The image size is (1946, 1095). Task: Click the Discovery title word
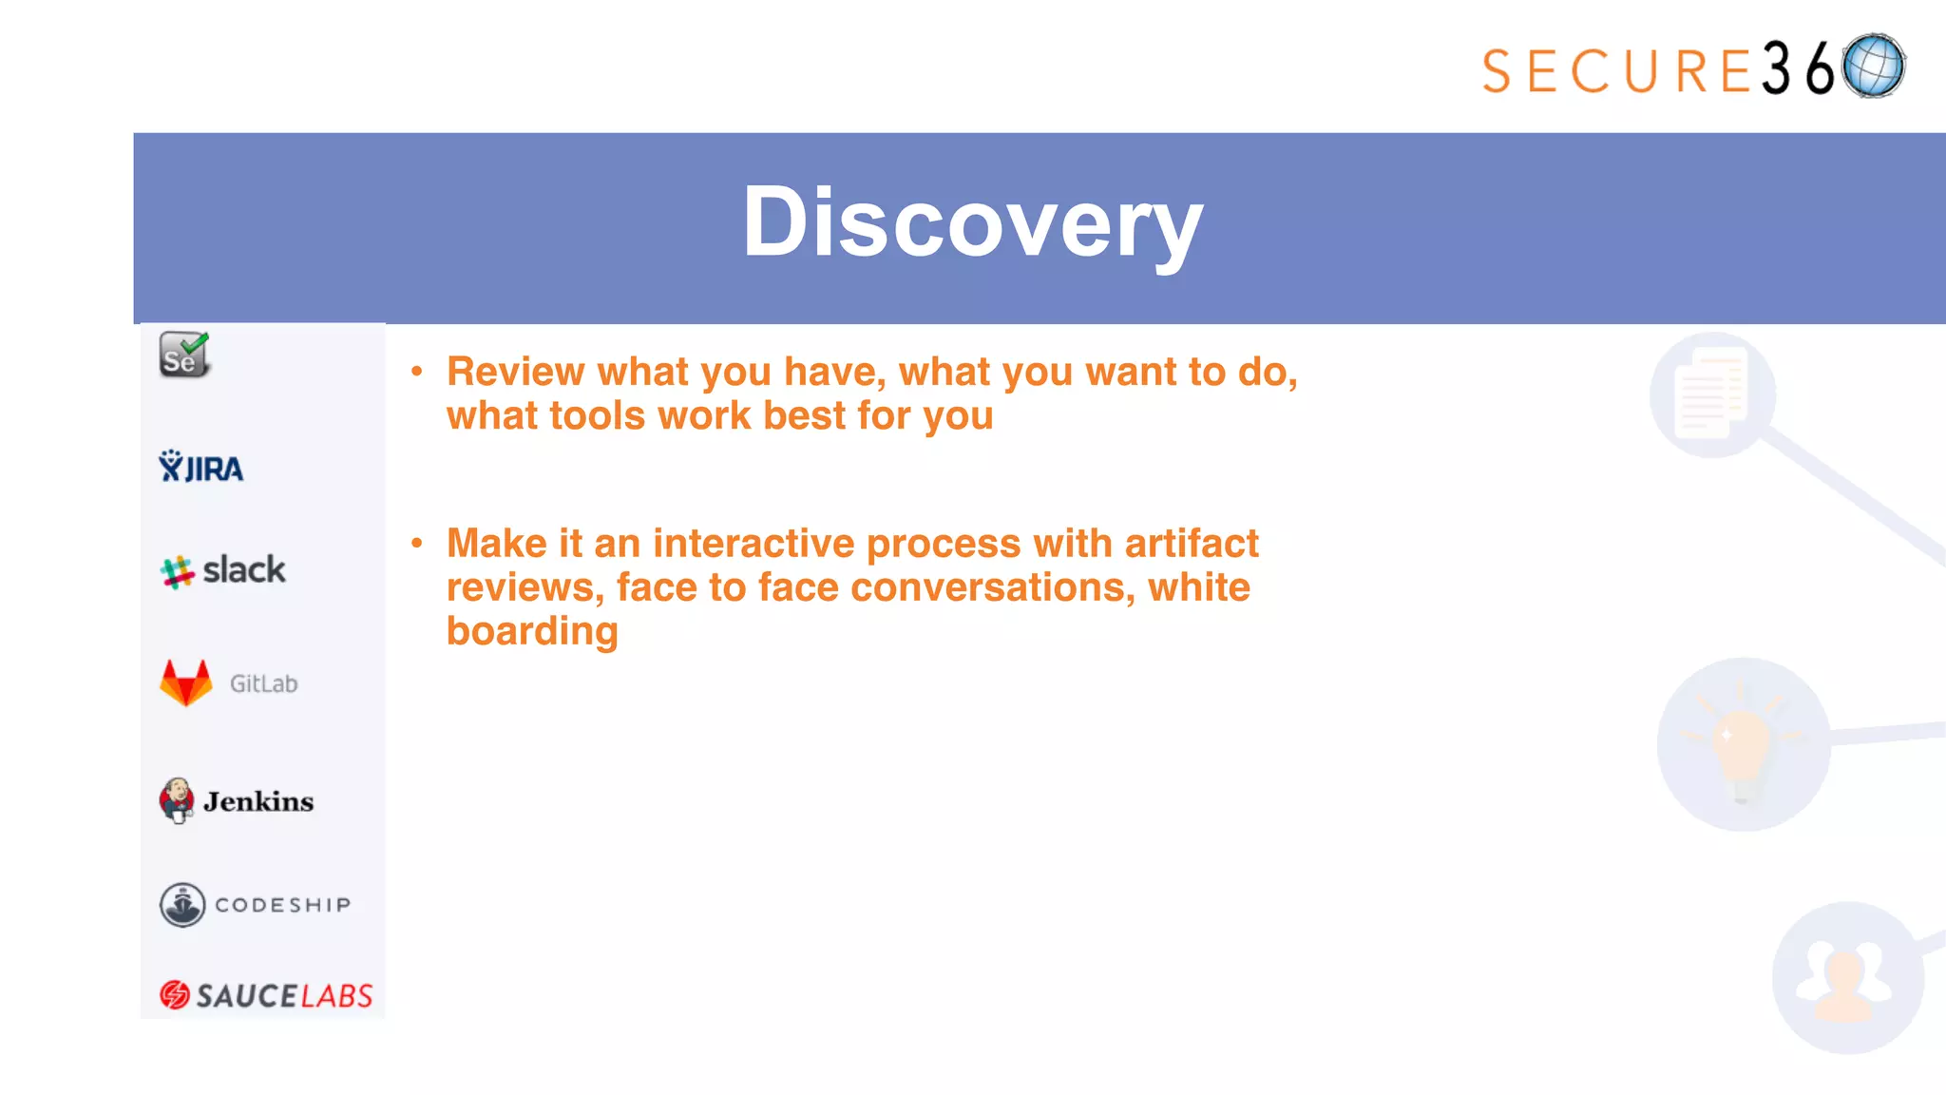[972, 222]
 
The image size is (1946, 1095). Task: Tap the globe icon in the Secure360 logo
[1873, 66]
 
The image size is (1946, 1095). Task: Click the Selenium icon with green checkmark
[184, 355]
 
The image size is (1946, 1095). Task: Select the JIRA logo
[201, 467]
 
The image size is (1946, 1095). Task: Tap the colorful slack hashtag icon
[177, 572]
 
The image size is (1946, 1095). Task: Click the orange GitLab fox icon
[186, 682]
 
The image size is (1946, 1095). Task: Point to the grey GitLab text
[263, 683]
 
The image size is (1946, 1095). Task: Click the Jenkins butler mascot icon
[177, 800]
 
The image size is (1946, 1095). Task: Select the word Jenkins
[258, 801]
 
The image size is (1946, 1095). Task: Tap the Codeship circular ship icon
[182, 904]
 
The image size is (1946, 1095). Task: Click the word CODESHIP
[283, 905]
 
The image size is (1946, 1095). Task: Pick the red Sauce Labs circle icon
[175, 994]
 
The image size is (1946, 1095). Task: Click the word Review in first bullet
[515, 372]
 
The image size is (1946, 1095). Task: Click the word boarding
[532, 631]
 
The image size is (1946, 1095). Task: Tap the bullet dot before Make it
[416, 544]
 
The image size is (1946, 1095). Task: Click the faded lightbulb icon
[1743, 744]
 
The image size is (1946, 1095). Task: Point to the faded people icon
[1845, 980]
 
